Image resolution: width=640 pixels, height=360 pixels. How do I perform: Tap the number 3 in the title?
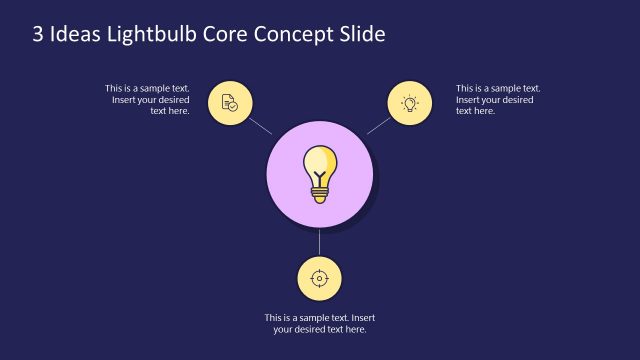point(39,33)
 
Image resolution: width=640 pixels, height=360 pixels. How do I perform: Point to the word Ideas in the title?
point(77,33)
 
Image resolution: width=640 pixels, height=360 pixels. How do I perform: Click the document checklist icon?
point(230,102)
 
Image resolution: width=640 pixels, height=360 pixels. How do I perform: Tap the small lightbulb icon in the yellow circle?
point(409,102)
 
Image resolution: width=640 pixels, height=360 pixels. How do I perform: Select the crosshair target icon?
point(320,276)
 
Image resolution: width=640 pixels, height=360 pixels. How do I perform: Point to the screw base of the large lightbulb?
point(320,195)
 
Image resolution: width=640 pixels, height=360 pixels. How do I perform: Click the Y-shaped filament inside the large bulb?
point(320,179)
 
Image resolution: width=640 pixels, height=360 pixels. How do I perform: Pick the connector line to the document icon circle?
point(260,126)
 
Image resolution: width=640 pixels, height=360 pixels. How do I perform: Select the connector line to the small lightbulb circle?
point(379,125)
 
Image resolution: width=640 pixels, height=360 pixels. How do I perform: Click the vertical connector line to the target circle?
point(320,242)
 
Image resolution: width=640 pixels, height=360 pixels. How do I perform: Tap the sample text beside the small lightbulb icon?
point(498,99)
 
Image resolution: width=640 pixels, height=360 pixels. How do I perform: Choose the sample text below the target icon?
point(320,323)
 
